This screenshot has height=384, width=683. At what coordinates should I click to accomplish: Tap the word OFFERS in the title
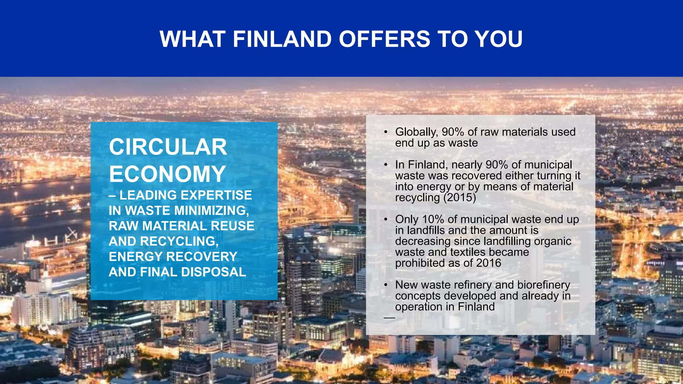click(385, 39)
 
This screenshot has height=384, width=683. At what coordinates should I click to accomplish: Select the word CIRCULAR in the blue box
click(168, 147)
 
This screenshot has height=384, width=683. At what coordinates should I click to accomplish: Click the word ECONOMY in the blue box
click(167, 174)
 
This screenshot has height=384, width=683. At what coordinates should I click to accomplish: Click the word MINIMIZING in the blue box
click(211, 211)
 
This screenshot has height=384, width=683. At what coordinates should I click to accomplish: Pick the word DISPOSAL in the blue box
click(213, 272)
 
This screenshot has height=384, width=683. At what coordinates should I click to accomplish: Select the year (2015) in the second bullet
click(460, 198)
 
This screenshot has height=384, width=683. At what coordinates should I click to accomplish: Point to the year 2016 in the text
click(489, 263)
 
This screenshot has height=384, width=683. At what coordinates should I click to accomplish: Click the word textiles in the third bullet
click(468, 252)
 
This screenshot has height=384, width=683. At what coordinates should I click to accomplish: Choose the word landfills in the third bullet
click(424, 230)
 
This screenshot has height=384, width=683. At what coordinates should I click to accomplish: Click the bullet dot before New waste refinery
click(386, 285)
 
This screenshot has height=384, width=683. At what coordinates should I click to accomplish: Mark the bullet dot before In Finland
click(386, 165)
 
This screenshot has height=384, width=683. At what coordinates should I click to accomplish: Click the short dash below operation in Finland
click(389, 318)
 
